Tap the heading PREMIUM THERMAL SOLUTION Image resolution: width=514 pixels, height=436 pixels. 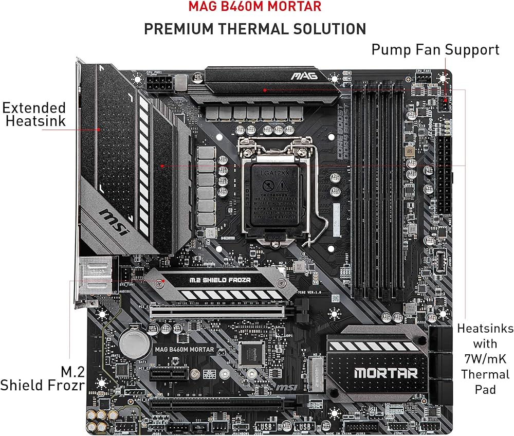255,29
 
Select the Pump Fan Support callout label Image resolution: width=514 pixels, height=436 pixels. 435,49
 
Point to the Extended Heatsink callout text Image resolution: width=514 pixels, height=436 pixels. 34,114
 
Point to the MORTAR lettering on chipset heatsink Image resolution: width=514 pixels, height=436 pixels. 385,373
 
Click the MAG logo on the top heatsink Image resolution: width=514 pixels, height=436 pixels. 304,76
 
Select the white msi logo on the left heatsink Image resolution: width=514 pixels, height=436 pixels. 114,222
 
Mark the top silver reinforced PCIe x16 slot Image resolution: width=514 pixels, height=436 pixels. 218,312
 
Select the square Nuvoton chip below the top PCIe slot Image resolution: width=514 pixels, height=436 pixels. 251,353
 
